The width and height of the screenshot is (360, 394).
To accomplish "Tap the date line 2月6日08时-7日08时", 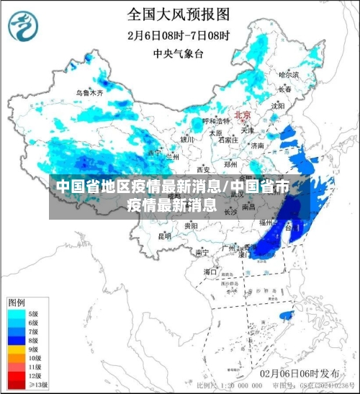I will pyautogui.click(x=178, y=35).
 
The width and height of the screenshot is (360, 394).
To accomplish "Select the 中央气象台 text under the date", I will pyautogui.click(x=178, y=53).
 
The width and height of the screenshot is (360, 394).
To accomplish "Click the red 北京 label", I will pyautogui.click(x=242, y=115).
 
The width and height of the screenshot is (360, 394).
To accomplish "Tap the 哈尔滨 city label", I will pyautogui.click(x=288, y=74).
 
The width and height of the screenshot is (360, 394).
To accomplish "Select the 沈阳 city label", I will pyautogui.click(x=277, y=106).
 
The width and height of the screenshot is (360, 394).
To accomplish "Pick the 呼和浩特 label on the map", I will pyautogui.click(x=214, y=121).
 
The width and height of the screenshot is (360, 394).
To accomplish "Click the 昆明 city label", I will pyautogui.click(x=165, y=236).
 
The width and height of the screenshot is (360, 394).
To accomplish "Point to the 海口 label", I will pyautogui.click(x=210, y=272).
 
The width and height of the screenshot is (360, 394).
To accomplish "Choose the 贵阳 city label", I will pyautogui.click(x=191, y=225).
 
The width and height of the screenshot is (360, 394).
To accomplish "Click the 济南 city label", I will pyautogui.click(x=256, y=145).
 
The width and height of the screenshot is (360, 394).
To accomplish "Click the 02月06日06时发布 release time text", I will pyautogui.click(x=300, y=373).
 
